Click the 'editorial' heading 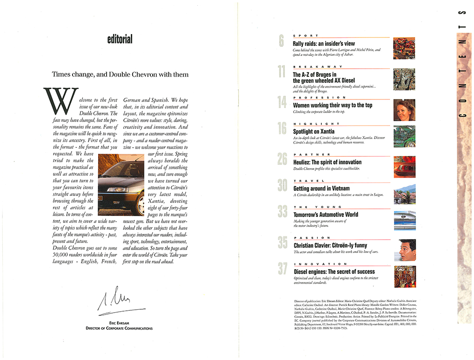[x=119, y=39]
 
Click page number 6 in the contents [x=282, y=42]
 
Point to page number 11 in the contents [x=282, y=72]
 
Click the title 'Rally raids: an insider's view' [x=323, y=44]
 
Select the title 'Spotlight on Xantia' [x=313, y=131]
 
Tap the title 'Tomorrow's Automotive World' [x=326, y=215]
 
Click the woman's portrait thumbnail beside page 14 [x=404, y=110]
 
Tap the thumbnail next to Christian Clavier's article [x=404, y=250]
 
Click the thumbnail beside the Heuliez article [x=404, y=166]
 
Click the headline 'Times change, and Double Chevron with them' [x=120, y=74]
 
